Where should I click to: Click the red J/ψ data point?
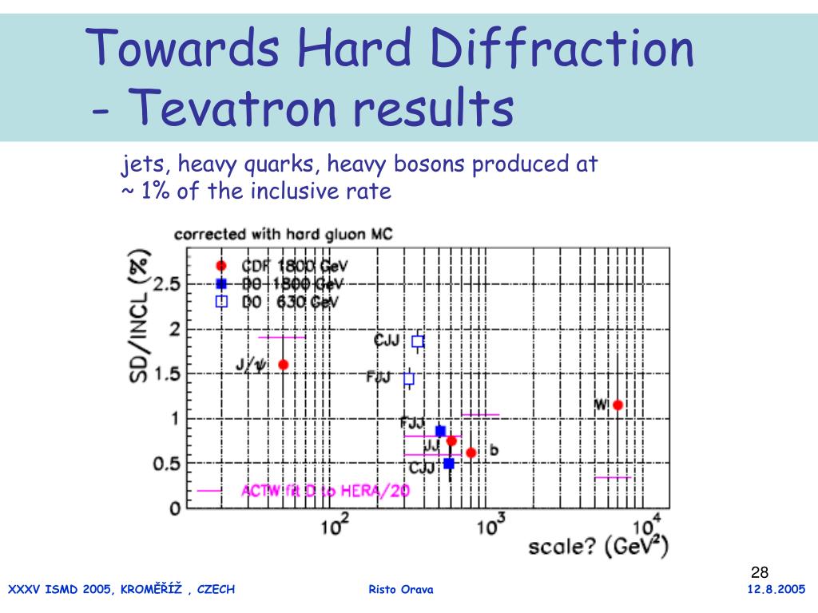click(x=283, y=364)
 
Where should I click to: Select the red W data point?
click(x=617, y=405)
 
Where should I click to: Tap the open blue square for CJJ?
click(x=417, y=341)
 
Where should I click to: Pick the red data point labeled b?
click(x=471, y=453)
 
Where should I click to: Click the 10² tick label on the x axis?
click(x=334, y=527)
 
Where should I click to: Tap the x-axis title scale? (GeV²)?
click(x=598, y=548)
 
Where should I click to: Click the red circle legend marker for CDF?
click(x=221, y=266)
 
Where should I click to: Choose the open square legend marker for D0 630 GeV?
click(x=221, y=301)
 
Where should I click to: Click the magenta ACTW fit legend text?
click(x=325, y=491)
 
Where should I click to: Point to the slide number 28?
click(x=760, y=572)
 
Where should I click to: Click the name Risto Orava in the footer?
click(x=401, y=590)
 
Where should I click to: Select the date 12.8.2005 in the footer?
click(x=776, y=590)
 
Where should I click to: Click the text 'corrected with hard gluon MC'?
click(x=283, y=235)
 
